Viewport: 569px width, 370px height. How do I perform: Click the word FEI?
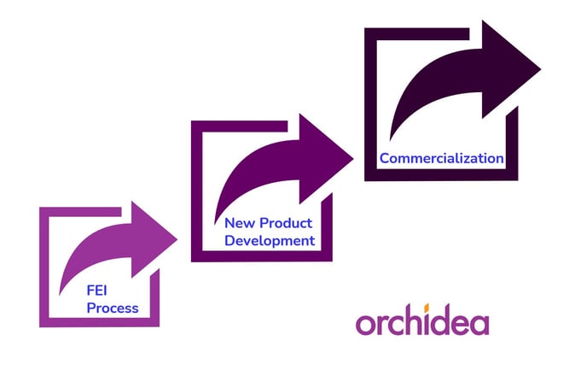(96, 291)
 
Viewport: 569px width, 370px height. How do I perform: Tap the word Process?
(113, 308)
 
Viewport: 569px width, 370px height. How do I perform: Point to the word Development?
(270, 241)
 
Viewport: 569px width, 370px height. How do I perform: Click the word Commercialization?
(442, 158)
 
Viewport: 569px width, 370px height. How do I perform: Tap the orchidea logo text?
(422, 320)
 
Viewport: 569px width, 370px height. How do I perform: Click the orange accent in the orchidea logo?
(427, 308)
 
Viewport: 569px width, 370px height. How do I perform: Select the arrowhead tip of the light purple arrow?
(177, 239)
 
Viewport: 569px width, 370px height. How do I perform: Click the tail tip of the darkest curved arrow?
(390, 140)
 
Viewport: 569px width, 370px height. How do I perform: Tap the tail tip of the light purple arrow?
(60, 295)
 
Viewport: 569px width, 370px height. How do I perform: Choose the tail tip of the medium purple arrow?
(215, 224)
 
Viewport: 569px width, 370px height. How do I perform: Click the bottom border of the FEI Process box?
(99, 322)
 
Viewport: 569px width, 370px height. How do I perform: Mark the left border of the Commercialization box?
(370, 104)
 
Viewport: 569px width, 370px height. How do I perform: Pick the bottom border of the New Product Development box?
(262, 255)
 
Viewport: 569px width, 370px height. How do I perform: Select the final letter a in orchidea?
(480, 324)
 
